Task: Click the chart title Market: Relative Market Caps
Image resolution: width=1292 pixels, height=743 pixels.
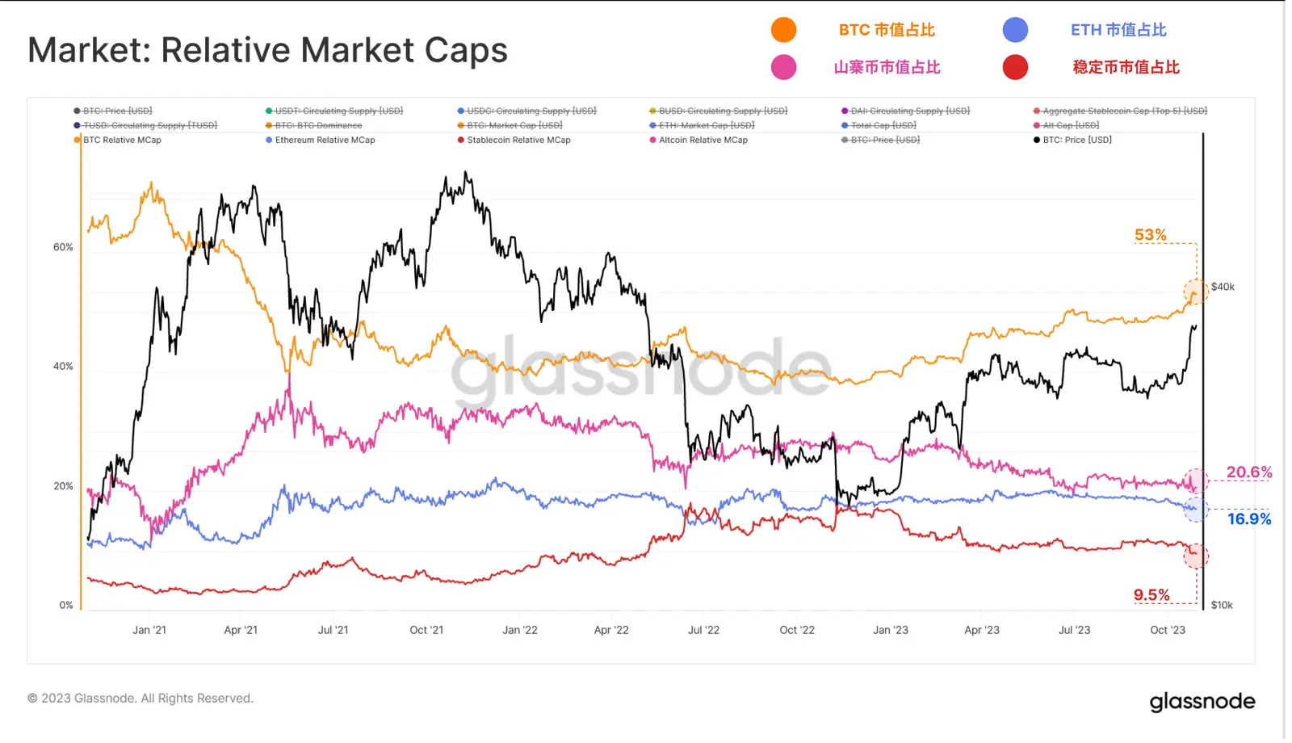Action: (x=267, y=50)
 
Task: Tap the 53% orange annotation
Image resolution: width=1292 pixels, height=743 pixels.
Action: (x=1150, y=235)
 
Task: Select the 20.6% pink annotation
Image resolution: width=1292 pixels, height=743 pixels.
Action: (x=1248, y=472)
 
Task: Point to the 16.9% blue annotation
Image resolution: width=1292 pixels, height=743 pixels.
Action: (x=1248, y=519)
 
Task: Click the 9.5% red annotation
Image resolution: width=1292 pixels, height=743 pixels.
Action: (x=1151, y=595)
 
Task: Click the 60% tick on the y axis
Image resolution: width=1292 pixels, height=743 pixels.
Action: (x=63, y=247)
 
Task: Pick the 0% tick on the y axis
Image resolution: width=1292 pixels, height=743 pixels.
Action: (x=66, y=605)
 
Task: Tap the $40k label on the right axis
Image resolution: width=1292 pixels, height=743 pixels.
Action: (x=1223, y=287)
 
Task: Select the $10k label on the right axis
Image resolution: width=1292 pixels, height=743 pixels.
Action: (x=1222, y=605)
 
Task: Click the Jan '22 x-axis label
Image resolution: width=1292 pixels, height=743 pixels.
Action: (x=519, y=630)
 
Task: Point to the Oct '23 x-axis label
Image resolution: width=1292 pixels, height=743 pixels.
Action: (x=1168, y=630)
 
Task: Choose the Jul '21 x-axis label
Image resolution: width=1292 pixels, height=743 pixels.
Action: (x=333, y=630)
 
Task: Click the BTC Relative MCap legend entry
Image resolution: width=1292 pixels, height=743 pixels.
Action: (x=122, y=140)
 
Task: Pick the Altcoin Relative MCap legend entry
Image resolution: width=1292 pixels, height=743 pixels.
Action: (x=703, y=140)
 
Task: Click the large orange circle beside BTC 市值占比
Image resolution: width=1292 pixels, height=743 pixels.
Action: (x=783, y=30)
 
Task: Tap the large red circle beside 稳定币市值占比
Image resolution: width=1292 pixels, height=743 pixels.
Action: (x=1015, y=67)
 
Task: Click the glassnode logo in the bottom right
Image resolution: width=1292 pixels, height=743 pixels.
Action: (x=1202, y=702)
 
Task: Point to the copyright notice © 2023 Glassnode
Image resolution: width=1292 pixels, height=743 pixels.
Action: (x=141, y=699)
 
